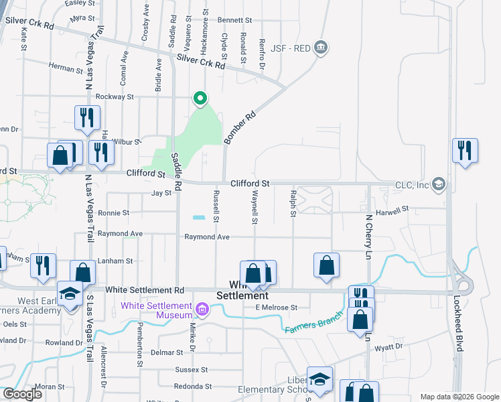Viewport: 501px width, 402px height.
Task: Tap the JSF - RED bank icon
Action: click(321, 47)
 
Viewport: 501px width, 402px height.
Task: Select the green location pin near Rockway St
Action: click(200, 99)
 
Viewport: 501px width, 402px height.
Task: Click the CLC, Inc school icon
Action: click(439, 184)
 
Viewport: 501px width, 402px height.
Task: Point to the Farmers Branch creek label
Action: click(309, 324)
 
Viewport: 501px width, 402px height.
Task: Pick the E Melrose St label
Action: click(277, 308)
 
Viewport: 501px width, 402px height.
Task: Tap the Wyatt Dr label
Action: click(389, 347)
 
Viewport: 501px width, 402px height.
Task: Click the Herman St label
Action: click(64, 66)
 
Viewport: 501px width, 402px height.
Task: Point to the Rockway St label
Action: click(114, 96)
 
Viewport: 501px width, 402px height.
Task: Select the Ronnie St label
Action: click(114, 213)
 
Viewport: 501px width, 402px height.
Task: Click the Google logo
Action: click(22, 394)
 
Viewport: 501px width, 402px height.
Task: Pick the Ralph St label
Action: click(293, 202)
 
